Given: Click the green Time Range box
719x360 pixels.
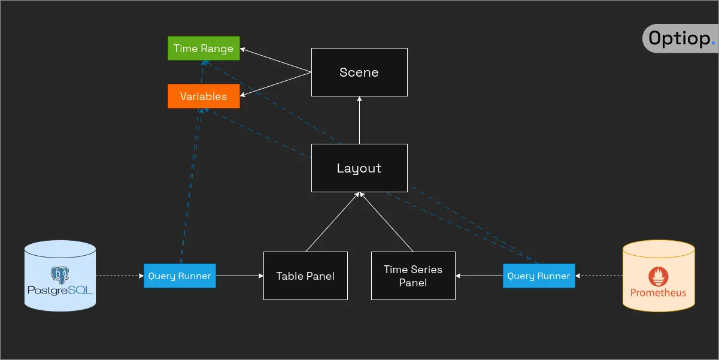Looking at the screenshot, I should [x=204, y=49].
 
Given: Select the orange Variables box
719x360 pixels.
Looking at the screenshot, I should [x=204, y=96].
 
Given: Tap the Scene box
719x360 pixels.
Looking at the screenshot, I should [x=359, y=72].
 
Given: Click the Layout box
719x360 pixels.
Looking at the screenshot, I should [x=359, y=168].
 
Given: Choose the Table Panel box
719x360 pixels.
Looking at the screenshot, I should [x=305, y=276].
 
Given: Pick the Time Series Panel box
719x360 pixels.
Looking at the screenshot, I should [x=413, y=276].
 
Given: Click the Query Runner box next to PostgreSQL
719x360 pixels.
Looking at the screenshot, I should [x=180, y=276].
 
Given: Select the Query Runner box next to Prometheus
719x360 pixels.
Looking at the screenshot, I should [x=539, y=276].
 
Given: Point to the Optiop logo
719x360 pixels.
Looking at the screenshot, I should [x=680, y=39].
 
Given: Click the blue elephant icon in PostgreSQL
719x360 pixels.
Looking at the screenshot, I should [x=60, y=274].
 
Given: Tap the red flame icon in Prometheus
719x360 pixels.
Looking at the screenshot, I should [x=659, y=276].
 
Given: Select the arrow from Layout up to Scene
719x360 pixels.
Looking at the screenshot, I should [x=359, y=120].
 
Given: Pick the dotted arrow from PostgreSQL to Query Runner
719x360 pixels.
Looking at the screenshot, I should [x=120, y=276].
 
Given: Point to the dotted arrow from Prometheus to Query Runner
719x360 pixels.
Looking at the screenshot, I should [x=599, y=276].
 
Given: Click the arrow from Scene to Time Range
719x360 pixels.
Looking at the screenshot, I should [x=275, y=60].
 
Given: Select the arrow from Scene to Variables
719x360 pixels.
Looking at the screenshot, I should [x=275, y=83].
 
